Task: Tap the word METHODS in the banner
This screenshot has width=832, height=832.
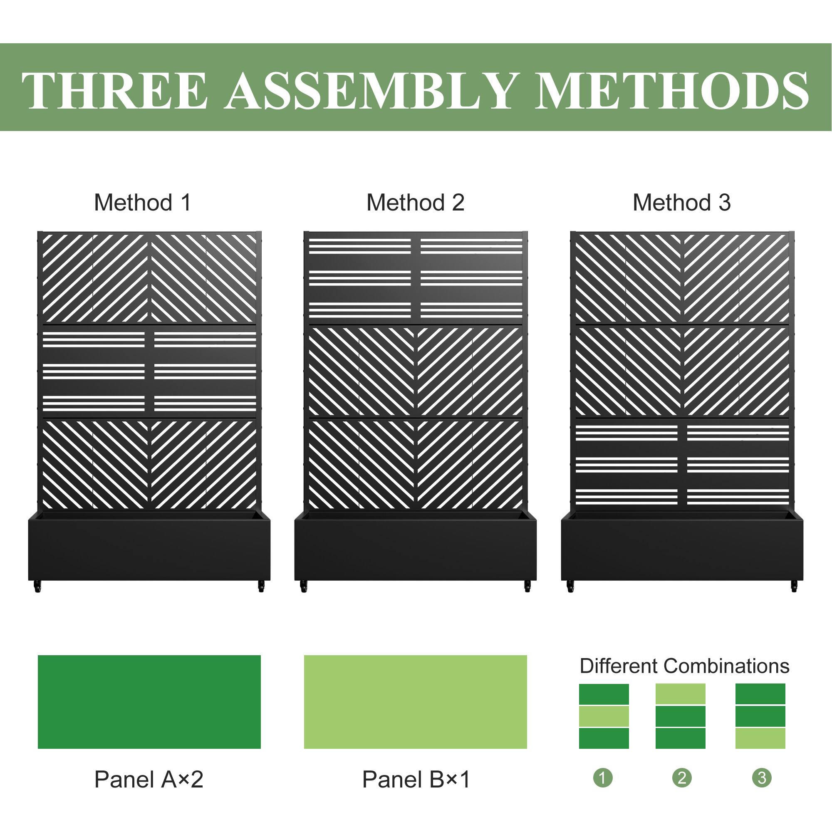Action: (x=672, y=90)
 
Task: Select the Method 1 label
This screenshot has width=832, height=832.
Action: (x=143, y=203)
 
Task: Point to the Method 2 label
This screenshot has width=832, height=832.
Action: (x=415, y=203)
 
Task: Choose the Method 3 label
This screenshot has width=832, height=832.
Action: (x=681, y=203)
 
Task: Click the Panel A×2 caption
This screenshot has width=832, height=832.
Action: (x=149, y=779)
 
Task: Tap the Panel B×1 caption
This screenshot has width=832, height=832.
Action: (x=416, y=779)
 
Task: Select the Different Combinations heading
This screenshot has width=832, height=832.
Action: (x=684, y=666)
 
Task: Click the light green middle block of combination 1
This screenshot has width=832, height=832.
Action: (x=604, y=716)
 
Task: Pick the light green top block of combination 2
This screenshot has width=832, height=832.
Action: (x=681, y=694)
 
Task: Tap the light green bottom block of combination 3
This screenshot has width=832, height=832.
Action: (x=760, y=738)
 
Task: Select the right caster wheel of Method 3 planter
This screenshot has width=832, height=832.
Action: (x=794, y=587)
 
